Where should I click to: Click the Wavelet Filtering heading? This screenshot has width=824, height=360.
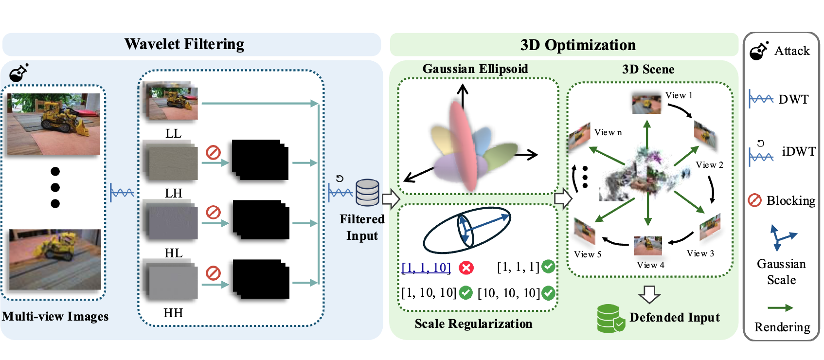coord(184,44)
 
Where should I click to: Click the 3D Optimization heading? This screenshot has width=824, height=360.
coord(577,45)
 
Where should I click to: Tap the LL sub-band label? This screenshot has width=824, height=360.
coord(173,133)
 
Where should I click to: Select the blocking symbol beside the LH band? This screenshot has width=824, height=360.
coord(213,153)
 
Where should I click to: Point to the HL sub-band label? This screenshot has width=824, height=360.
coord(173,253)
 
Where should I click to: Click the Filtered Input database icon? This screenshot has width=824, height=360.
coord(367,193)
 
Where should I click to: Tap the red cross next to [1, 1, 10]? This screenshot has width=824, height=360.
coord(466,268)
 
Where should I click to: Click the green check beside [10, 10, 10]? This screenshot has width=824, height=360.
coord(548,293)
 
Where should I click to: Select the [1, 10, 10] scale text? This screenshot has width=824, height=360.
coord(429,292)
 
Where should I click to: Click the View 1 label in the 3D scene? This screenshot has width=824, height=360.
coord(679,95)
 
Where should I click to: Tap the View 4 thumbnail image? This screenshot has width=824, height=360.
coord(647,246)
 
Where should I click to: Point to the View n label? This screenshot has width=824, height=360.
coord(608,132)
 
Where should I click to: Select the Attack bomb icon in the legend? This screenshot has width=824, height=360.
coord(759,51)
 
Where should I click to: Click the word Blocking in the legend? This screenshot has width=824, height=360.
coord(790,200)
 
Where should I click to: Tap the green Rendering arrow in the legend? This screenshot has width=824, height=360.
coord(780,308)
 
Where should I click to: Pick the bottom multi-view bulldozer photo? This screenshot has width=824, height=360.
coord(55,259)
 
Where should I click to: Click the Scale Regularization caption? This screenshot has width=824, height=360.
coord(473,324)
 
